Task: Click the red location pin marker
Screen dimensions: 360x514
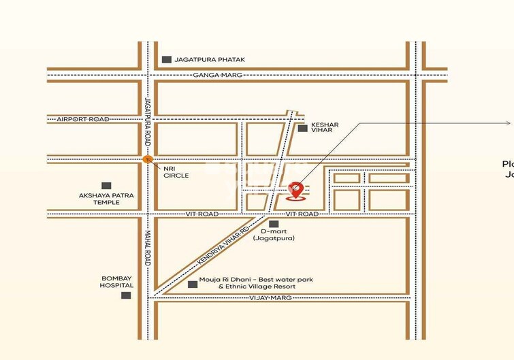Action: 295,191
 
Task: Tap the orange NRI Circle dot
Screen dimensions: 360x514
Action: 147,159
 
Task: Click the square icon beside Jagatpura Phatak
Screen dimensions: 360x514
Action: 167,60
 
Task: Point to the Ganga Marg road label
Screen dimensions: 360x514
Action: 218,74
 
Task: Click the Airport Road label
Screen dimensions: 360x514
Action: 83,119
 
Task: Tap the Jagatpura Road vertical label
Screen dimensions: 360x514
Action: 146,119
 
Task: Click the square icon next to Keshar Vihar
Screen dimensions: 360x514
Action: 302,128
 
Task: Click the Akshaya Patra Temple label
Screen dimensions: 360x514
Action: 106,199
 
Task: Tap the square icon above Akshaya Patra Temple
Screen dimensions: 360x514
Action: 106,185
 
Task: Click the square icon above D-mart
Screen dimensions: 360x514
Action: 274,224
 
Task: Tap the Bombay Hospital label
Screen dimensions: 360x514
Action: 116,282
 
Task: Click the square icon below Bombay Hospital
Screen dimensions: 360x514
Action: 126,295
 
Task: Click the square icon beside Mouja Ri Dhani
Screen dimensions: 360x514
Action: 193,284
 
